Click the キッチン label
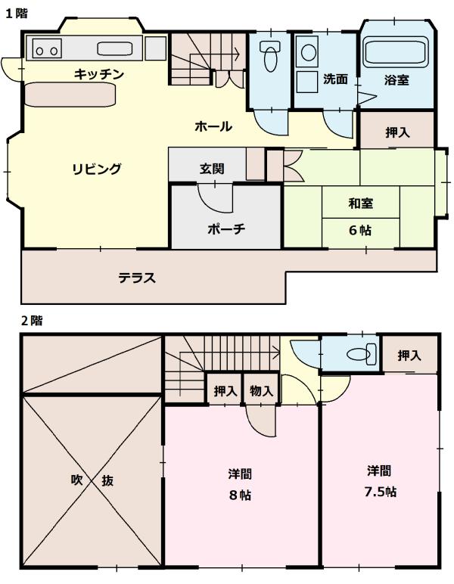click(x=98, y=74)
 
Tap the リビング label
click(x=96, y=169)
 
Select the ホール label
click(x=213, y=126)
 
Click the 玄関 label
click(x=211, y=169)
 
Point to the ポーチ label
click(x=225, y=229)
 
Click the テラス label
click(x=136, y=278)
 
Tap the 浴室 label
click(x=397, y=79)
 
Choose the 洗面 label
click(x=334, y=79)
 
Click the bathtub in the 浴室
click(x=396, y=52)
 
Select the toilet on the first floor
click(x=269, y=57)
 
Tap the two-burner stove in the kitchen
click(x=45, y=50)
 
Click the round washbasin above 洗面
click(x=309, y=52)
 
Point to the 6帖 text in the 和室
click(x=359, y=230)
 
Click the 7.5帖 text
click(x=380, y=492)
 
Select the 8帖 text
click(x=241, y=495)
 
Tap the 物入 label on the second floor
click(x=261, y=391)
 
